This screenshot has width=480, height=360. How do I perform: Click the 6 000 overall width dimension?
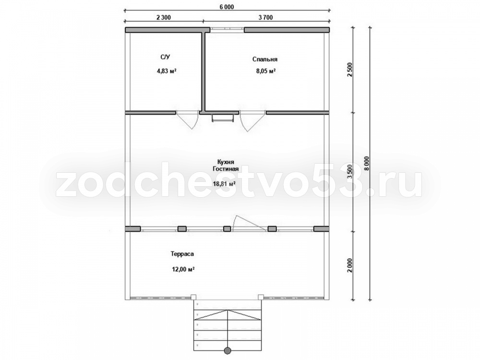pos(227,7)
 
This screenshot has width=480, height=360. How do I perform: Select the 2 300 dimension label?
pos(164,17)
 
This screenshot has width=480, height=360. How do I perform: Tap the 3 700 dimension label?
pos(265,17)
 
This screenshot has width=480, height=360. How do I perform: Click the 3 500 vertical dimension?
pos(350,171)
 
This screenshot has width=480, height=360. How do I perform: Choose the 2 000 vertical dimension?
pos(350,265)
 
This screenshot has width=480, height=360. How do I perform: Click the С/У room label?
pos(165,57)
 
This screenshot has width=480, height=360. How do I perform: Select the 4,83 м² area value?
pos(166,71)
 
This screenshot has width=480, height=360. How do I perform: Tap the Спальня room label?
pos(265,59)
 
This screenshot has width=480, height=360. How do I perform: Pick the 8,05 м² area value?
pos(266,71)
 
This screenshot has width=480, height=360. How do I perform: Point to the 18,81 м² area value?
pos(224,184)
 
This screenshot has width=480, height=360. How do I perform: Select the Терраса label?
pos(182,254)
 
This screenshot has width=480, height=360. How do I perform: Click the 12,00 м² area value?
pos(183,269)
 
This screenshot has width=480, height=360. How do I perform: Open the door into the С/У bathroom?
pos(187,120)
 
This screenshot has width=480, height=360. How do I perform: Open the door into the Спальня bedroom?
pos(253,120)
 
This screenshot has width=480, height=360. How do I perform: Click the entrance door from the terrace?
pos(248,223)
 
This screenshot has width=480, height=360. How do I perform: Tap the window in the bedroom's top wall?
pos(227,30)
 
